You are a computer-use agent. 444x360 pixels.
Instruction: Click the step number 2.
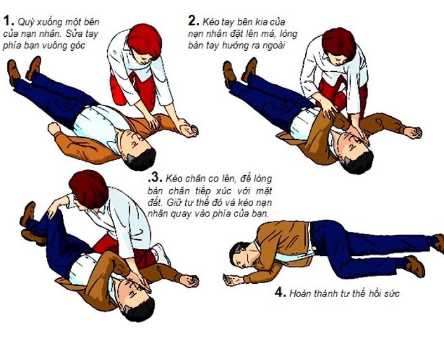(193, 20)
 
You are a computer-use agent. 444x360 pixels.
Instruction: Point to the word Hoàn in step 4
(303, 294)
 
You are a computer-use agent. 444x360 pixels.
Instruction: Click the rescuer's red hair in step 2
(339, 42)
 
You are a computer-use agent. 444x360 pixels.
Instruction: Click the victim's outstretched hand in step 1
(188, 130)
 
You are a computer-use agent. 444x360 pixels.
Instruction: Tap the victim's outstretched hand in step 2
(412, 133)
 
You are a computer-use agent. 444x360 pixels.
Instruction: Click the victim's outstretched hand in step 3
(188, 280)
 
